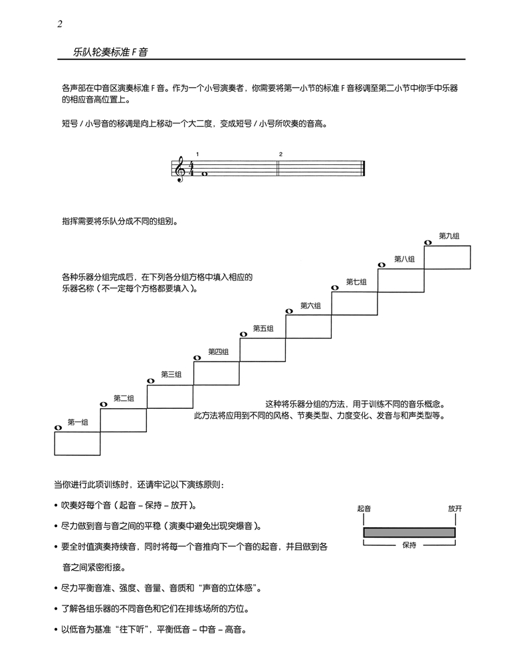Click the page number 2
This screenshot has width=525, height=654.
[60, 25]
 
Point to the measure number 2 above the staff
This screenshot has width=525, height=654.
[280, 154]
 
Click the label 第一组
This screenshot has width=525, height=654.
[78, 421]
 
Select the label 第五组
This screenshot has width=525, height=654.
[263, 328]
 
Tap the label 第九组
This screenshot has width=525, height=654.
[449, 236]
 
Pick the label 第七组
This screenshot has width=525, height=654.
[356, 282]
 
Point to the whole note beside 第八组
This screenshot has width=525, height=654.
[381, 265]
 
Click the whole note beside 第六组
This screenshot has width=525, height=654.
[288, 311]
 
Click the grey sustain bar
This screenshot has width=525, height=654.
[409, 532]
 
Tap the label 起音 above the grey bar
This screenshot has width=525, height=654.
[364, 508]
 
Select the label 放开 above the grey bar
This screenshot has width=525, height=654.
[455, 508]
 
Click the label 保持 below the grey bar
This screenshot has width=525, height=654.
[409, 545]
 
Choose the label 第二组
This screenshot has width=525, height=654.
[124, 398]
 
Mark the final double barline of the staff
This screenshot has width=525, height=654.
[364, 169]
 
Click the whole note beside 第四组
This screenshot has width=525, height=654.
[197, 358]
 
